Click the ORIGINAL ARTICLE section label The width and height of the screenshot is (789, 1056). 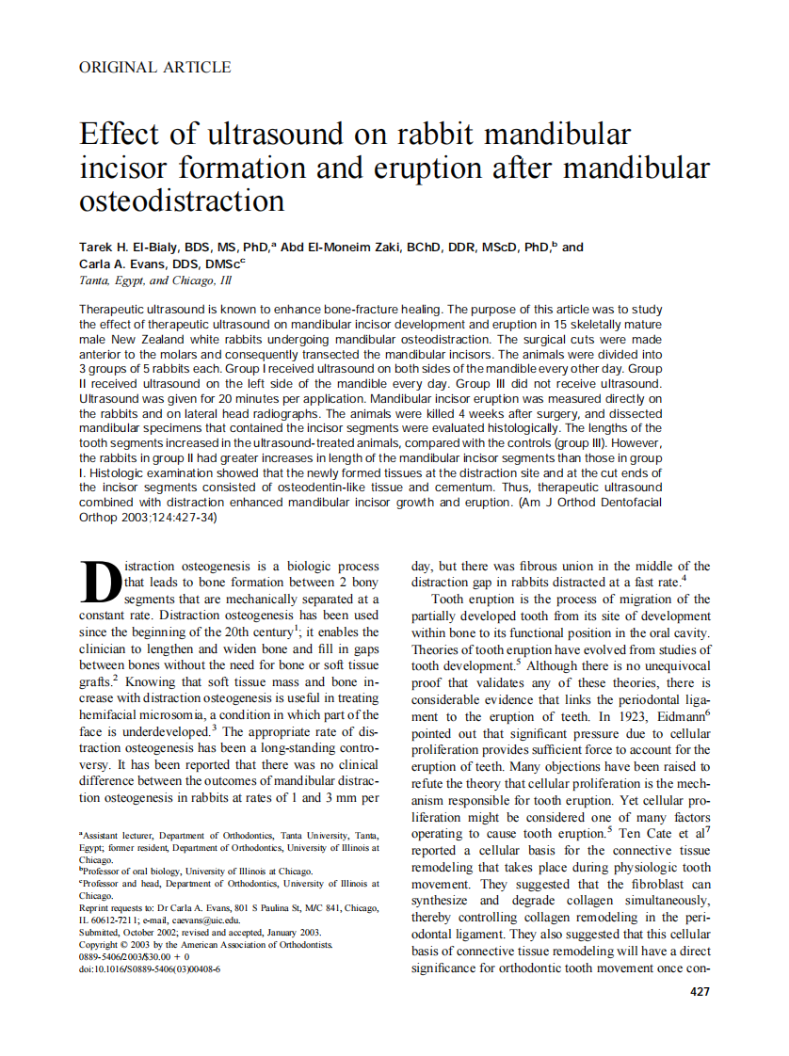coord(154,67)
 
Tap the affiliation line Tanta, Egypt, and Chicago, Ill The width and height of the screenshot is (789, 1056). coord(154,280)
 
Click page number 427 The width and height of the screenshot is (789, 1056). coord(700,991)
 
